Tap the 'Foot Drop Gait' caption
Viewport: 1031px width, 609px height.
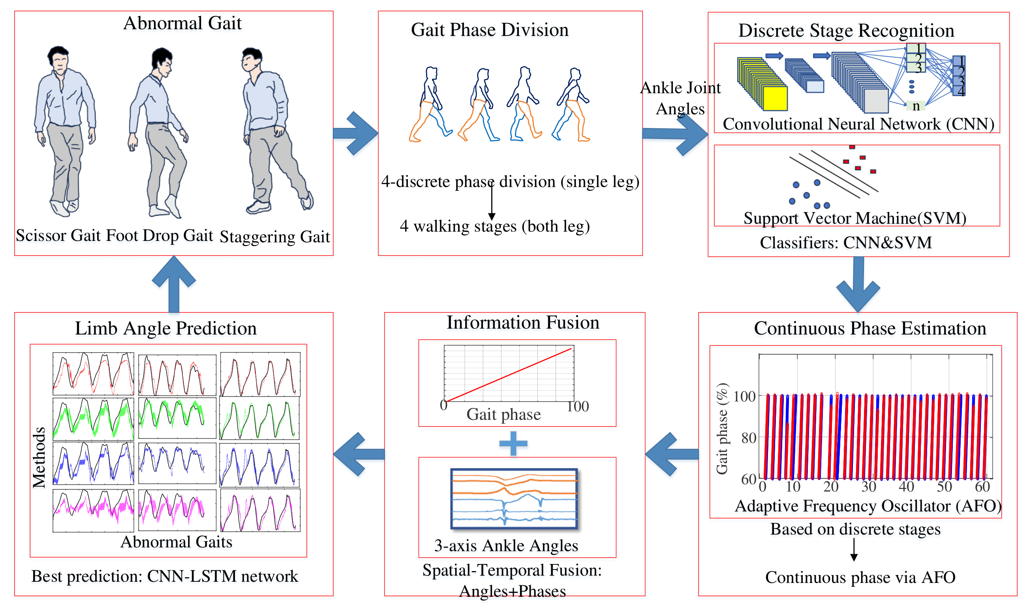click(x=160, y=235)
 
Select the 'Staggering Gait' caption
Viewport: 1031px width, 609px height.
click(x=275, y=237)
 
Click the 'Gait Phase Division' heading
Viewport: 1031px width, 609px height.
click(x=490, y=30)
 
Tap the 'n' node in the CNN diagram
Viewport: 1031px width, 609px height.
click(x=916, y=106)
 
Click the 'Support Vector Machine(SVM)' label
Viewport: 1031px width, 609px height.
click(x=855, y=218)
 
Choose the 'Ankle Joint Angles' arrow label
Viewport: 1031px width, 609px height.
click(x=681, y=98)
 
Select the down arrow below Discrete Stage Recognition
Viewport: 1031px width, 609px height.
click(x=858, y=284)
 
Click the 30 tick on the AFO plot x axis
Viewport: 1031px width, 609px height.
click(x=869, y=487)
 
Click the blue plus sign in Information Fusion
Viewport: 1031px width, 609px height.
click(x=513, y=444)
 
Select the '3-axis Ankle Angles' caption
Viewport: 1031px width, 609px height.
click(x=506, y=546)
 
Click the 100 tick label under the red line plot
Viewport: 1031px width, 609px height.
click(x=578, y=407)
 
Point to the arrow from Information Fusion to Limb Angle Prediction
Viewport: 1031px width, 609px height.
click(x=359, y=454)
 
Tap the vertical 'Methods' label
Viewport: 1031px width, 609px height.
click(x=39, y=458)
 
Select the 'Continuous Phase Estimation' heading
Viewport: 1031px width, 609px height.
click(x=870, y=329)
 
